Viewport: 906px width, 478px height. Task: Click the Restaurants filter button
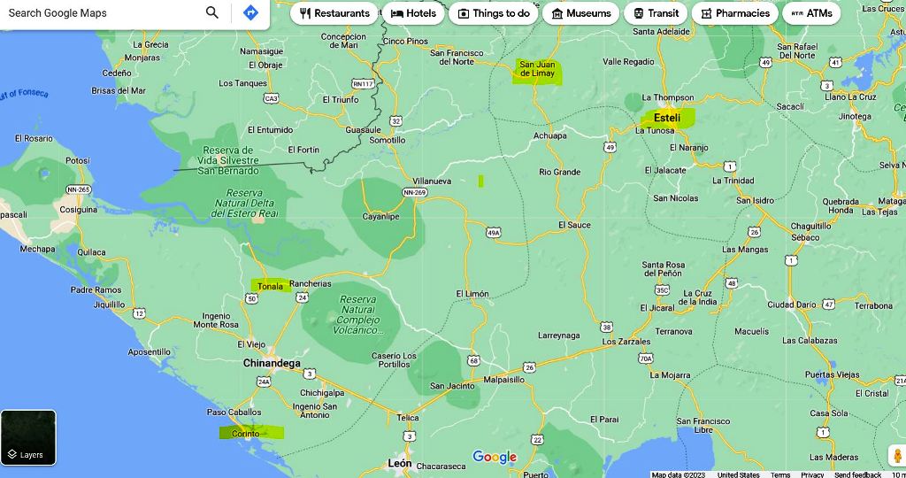334,13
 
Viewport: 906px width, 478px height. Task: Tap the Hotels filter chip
413,13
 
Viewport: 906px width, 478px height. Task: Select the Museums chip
580,13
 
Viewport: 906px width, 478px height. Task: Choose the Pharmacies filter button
734,13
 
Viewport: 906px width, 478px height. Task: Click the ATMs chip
811,13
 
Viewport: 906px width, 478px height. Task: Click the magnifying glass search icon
212,12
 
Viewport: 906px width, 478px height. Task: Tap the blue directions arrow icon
250,12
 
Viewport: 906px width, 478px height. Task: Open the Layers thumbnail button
28,437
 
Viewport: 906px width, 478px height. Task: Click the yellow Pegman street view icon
897,456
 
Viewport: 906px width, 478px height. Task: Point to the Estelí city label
667,117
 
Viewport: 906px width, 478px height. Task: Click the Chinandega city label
272,363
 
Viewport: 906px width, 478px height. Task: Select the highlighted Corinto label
247,433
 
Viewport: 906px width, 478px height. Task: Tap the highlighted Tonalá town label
271,286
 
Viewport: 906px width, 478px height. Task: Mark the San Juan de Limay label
537,69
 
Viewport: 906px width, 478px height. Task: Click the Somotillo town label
387,140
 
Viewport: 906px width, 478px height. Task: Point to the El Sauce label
574,225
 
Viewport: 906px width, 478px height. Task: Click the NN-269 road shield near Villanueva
414,192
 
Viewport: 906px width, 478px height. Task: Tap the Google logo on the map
495,457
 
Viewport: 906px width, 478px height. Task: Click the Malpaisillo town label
504,379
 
